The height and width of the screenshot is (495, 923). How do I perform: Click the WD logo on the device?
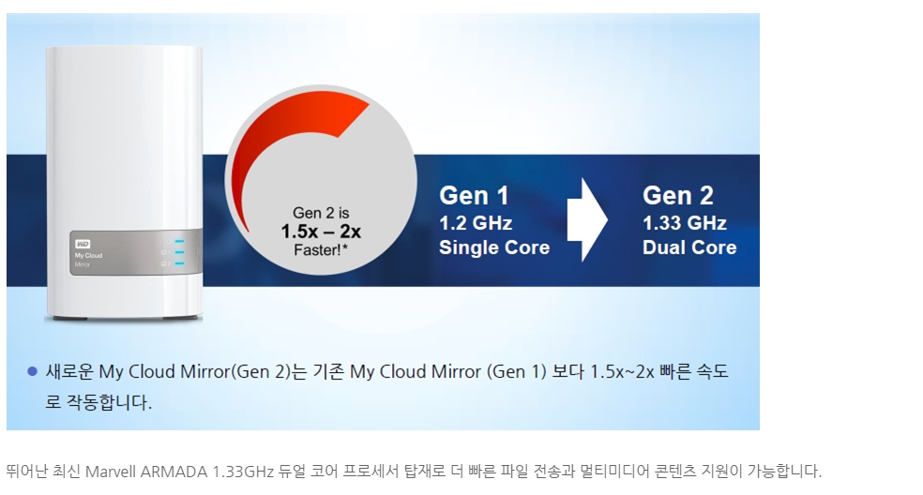[x=83, y=244]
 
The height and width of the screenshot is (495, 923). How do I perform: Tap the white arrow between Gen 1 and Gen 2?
[x=587, y=219]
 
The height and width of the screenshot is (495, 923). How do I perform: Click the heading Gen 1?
[x=474, y=195]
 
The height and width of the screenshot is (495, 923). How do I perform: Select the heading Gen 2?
[x=677, y=195]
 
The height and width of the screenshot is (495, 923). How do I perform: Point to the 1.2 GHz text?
[x=475, y=223]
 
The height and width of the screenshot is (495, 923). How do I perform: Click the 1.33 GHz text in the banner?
[x=684, y=223]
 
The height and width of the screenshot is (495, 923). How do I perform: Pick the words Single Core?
[x=494, y=247]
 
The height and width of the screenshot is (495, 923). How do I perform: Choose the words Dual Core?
[x=689, y=247]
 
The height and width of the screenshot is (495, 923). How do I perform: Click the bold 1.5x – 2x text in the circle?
[x=321, y=232]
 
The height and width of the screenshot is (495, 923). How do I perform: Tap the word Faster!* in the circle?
[x=321, y=250]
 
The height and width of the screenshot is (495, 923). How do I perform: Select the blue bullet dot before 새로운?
[x=33, y=371]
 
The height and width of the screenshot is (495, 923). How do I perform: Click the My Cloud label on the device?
[x=88, y=255]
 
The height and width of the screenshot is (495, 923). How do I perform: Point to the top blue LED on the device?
[x=179, y=241]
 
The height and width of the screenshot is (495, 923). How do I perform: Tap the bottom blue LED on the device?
[x=179, y=263]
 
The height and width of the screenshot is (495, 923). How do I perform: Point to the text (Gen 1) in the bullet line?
[x=516, y=372]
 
